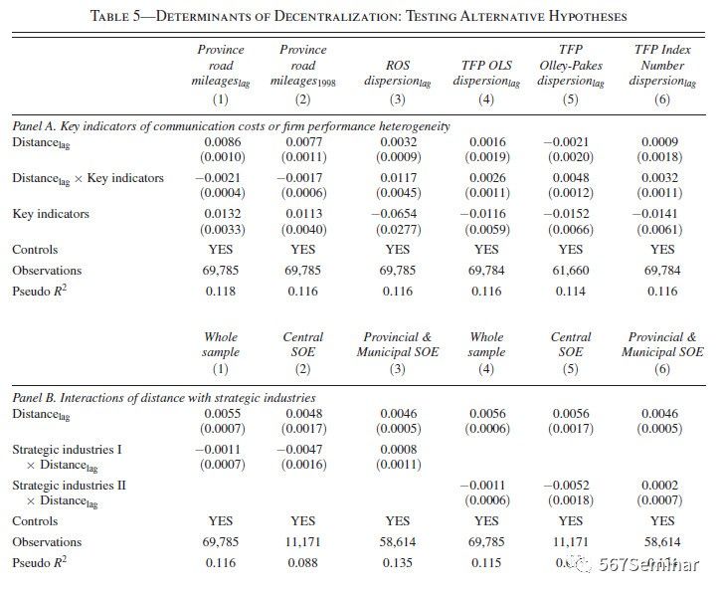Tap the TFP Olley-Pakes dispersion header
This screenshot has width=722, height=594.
click(570, 65)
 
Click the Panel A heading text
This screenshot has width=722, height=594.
click(231, 126)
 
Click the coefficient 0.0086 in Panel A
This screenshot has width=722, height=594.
click(221, 142)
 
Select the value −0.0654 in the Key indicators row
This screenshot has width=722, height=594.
click(396, 214)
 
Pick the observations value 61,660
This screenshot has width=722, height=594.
click(571, 270)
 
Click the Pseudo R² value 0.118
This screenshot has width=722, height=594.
click(221, 290)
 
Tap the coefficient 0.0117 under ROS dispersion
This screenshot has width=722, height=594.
click(397, 178)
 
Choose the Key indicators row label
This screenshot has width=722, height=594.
click(51, 214)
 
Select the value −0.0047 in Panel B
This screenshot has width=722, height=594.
click(303, 449)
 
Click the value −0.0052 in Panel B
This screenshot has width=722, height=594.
click(571, 485)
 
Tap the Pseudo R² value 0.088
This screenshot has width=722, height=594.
click(303, 562)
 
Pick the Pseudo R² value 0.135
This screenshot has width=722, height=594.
click(397, 562)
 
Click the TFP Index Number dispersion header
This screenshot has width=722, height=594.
click(662, 65)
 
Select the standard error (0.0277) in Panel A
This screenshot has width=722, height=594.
click(397, 229)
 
